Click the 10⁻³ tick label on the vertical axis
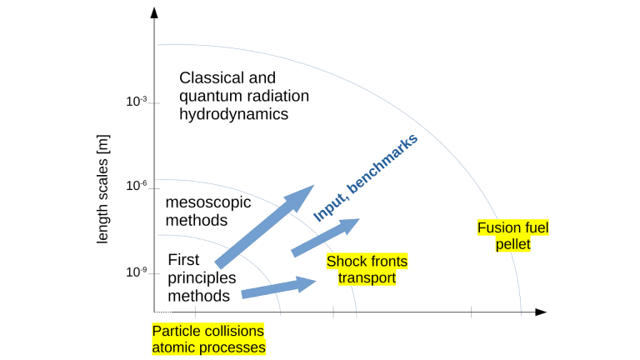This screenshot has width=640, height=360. pos(137,101)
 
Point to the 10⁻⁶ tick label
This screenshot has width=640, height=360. pos(137,185)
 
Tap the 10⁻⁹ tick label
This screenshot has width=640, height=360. pos(137,271)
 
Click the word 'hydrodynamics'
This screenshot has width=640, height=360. pos(234,114)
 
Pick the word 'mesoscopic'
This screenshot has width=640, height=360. pos(208,202)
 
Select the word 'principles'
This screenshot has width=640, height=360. pos(202,277)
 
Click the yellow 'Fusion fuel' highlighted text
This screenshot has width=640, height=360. pos(512,227)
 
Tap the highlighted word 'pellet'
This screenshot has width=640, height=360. pos(512,244)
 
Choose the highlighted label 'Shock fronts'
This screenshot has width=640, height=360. pos(367,262)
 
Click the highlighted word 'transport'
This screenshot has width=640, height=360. pos(367,278)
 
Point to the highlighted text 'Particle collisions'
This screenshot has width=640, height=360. pos(207,331)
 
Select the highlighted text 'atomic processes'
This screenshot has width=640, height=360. pos(208,347)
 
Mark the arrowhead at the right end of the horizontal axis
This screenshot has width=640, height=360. pos(541,312)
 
